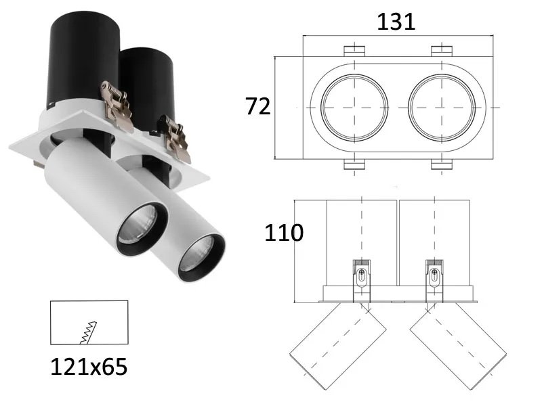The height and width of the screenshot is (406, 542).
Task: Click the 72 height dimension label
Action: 258,106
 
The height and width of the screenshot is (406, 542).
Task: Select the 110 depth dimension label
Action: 284,233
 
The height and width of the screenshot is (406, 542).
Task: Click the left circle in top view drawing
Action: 354,108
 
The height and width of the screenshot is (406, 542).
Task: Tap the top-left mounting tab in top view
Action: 354,51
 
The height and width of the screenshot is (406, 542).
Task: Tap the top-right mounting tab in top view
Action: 442,51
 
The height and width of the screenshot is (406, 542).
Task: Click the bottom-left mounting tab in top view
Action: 354,164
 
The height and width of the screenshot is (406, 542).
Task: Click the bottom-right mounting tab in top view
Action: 442,164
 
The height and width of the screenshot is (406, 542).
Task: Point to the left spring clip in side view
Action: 362,277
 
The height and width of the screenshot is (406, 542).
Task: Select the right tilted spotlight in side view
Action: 459,344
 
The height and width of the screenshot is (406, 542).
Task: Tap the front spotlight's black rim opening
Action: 201,257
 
